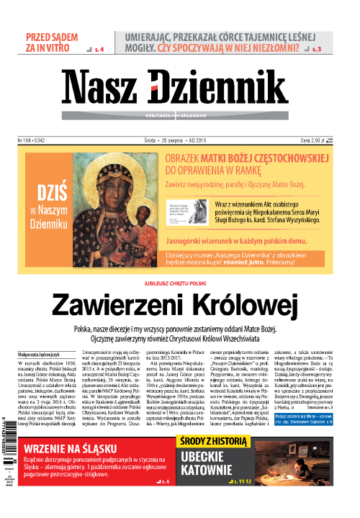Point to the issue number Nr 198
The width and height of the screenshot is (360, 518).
click(x=35, y=141)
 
